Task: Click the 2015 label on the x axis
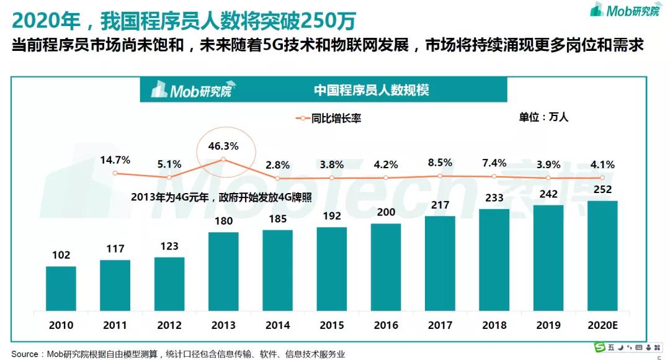332,325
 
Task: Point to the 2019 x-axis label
548,325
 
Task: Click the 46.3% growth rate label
223,147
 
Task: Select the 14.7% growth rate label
115,160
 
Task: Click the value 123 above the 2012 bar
169,247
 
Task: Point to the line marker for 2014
277,178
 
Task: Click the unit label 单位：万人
543,116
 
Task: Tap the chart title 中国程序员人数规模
371,91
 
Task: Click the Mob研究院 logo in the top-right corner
624,10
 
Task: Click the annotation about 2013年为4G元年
221,197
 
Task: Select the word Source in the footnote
25,354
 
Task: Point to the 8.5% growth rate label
440,163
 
